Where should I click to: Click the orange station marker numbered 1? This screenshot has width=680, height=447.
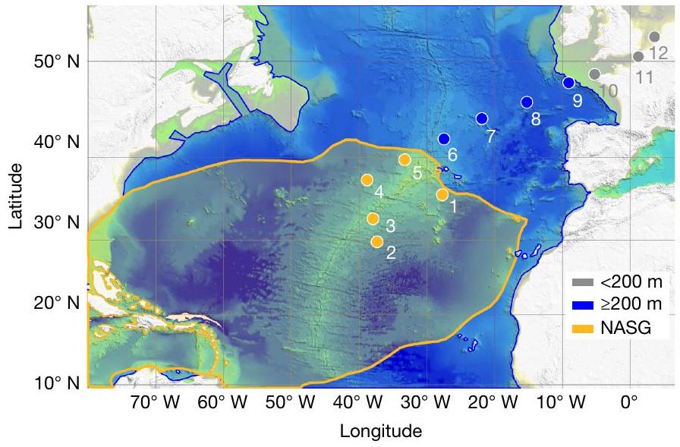(442, 195)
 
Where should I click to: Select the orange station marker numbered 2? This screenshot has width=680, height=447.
(376, 242)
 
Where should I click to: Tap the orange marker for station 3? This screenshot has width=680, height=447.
(373, 219)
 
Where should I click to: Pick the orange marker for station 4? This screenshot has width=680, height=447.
(367, 180)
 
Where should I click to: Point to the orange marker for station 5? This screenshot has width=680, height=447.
(405, 159)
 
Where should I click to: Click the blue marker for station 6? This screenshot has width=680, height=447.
(444, 139)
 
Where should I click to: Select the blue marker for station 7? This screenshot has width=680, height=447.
(481, 118)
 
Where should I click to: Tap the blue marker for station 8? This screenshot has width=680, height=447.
(527, 102)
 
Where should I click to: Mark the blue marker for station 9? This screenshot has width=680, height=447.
(568, 83)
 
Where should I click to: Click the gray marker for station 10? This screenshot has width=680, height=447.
(595, 74)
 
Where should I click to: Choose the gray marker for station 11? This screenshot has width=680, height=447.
(638, 57)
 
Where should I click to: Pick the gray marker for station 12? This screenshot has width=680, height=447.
(654, 36)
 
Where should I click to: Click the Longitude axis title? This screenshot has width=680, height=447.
(380, 432)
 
